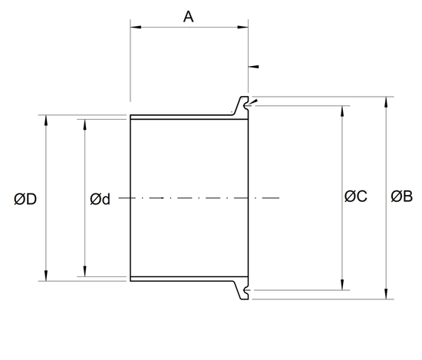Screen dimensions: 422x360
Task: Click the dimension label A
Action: [x=189, y=17]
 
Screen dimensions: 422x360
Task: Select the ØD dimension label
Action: [x=25, y=200]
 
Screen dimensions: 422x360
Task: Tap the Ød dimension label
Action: [x=100, y=200]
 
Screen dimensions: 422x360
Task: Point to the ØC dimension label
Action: [x=355, y=196]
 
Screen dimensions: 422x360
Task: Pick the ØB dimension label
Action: [x=401, y=196]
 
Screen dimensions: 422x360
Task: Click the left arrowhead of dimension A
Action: [x=136, y=27]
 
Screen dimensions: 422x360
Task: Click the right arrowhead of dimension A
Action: [x=242, y=27]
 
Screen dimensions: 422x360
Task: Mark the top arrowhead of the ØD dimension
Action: [x=46, y=120]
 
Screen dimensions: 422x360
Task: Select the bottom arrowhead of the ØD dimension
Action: [x=46, y=276]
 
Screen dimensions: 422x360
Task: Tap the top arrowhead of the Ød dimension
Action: [x=85, y=124]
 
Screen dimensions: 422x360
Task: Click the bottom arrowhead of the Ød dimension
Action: [x=85, y=272]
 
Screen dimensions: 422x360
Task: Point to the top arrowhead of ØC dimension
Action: [x=342, y=111]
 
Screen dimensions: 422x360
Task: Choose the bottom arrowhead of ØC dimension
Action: [x=342, y=285]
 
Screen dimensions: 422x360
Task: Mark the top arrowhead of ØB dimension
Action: [x=386, y=102]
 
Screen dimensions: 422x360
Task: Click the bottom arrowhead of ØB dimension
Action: [x=386, y=294]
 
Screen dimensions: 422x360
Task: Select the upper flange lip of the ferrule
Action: [x=242, y=105]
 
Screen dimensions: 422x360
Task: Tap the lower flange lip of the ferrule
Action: [x=242, y=290]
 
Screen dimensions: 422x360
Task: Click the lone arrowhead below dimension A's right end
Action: [x=253, y=67]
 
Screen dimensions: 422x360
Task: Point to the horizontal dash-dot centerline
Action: [x=199, y=198]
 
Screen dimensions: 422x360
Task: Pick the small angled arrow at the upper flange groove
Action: [x=253, y=102]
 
